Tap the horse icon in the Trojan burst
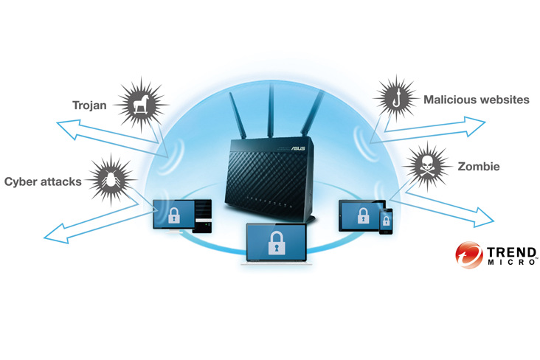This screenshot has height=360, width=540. click(139, 105)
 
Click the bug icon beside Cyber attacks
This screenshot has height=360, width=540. click(111, 178)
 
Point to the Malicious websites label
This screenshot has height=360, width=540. click(476, 100)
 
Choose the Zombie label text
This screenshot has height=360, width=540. click(479, 167)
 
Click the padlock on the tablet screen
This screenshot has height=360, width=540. click(363, 215)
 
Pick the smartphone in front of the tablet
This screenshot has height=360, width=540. click(386, 221)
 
